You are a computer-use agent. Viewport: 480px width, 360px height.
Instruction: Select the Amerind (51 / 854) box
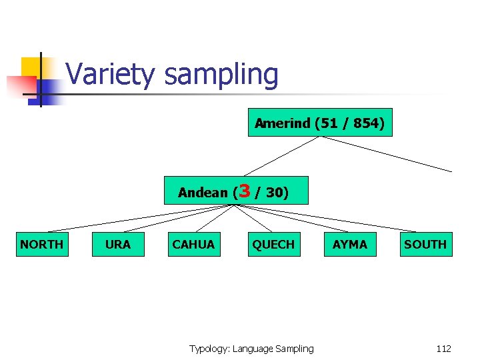[320, 123]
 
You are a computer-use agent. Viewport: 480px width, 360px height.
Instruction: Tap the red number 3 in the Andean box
[244, 191]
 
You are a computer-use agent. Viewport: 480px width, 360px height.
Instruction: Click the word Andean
[203, 193]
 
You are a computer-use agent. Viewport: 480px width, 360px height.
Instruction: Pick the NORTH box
[41, 245]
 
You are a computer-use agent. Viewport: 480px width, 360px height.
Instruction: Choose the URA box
[118, 245]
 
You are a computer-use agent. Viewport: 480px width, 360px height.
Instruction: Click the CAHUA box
[193, 245]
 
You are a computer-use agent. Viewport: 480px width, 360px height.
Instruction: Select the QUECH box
[273, 245]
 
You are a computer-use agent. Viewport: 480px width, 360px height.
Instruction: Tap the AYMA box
[350, 245]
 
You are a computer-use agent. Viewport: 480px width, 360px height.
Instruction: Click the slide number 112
[443, 349]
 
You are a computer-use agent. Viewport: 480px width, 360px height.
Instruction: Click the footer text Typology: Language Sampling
[251, 349]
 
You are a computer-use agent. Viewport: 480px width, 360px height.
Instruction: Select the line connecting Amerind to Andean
[280, 157]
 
